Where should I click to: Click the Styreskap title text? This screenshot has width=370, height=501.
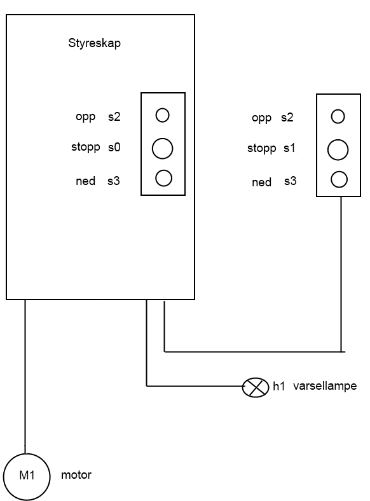pos(95,43)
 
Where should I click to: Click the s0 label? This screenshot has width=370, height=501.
pos(114,147)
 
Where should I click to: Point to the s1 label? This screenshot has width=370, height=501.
pos(289,148)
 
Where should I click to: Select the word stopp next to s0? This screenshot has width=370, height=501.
pos(86,148)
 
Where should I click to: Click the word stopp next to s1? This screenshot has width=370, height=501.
pos(262,149)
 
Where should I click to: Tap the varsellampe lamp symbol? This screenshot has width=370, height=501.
pos(256,387)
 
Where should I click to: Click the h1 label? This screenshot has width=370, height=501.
pos(278,387)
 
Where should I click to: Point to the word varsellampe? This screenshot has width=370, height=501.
pos(325,386)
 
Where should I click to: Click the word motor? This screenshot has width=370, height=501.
pos(76,475)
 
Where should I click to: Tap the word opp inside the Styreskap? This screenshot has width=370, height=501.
pos(85,116)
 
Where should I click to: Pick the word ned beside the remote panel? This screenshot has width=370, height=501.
pos(261,182)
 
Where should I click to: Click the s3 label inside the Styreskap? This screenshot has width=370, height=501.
pos(113,181)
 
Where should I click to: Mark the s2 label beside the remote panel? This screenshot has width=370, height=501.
pos(287,118)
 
